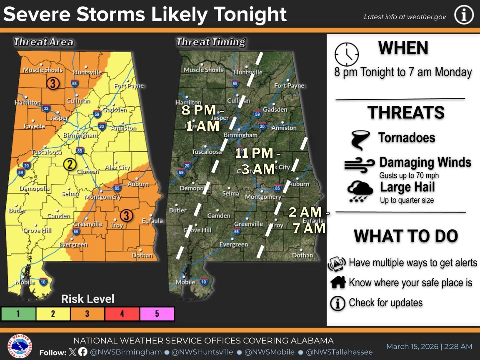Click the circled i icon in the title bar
point(464,15)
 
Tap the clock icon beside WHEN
point(346,54)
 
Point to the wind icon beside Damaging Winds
point(359,165)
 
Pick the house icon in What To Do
point(338,282)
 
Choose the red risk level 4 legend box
point(122,314)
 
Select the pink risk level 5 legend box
point(157,314)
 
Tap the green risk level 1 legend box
point(18,314)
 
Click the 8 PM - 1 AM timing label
point(202,118)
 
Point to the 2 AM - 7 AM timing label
point(309,220)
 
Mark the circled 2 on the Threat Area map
point(70,164)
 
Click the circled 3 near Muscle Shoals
point(52,83)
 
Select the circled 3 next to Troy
point(126,215)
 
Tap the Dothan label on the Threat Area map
point(142,255)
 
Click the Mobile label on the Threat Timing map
point(185,282)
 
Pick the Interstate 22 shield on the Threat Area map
point(46,109)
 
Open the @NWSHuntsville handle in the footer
point(203,352)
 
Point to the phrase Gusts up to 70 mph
point(409,175)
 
